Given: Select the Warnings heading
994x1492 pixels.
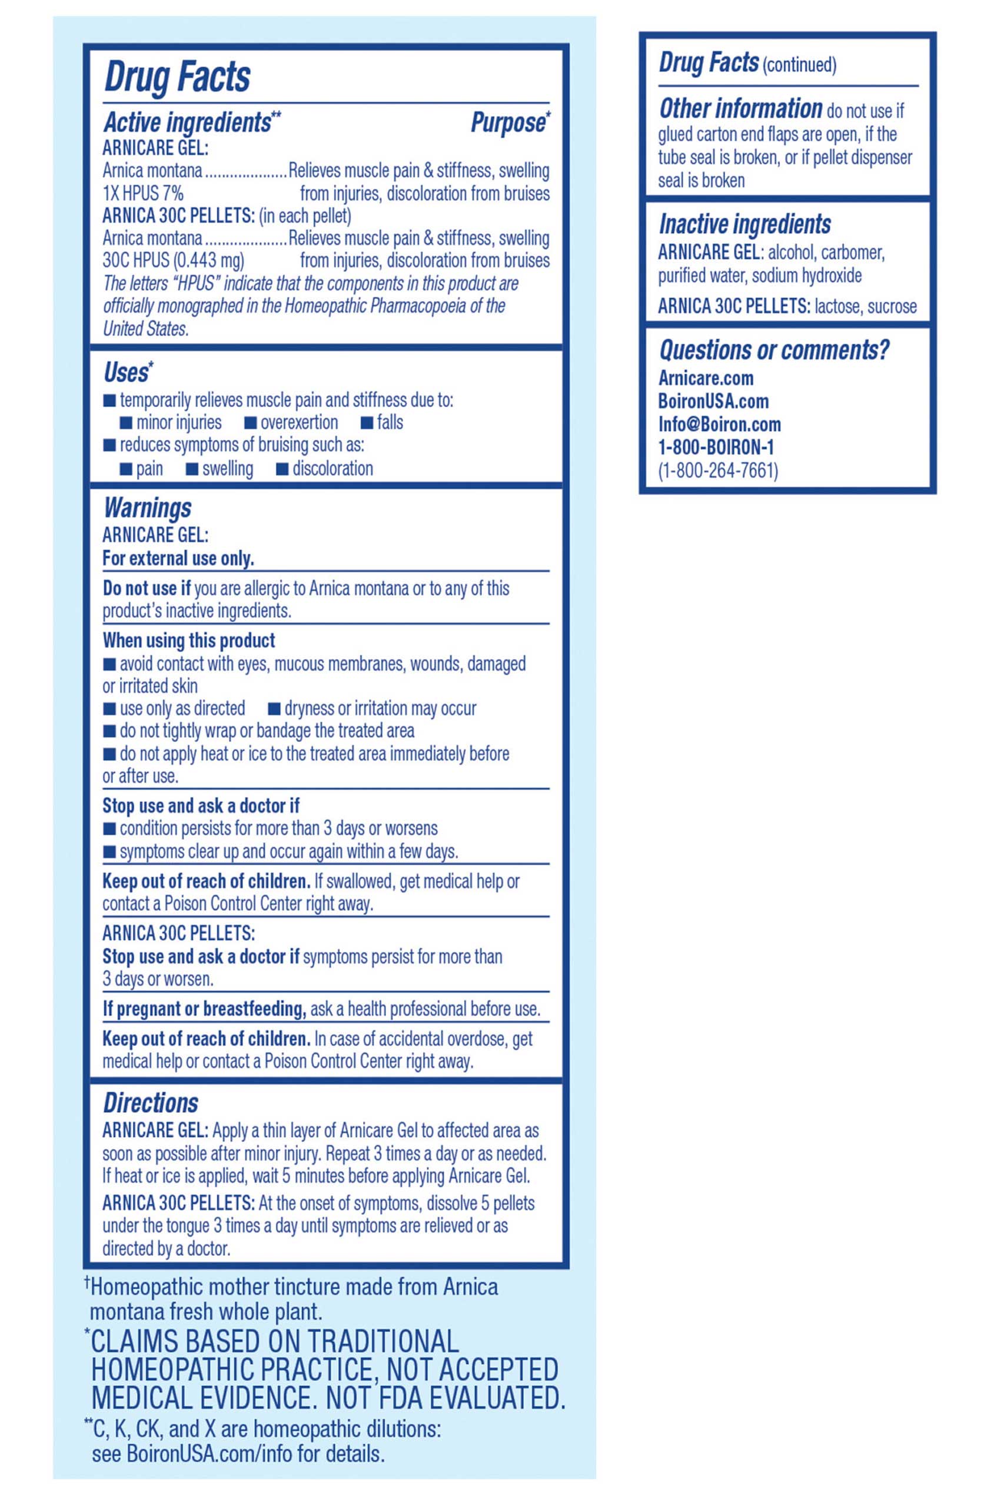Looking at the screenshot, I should point(147,508).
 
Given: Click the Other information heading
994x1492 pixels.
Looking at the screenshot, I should point(740,109).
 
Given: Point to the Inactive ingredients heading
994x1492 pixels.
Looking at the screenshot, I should point(744,224).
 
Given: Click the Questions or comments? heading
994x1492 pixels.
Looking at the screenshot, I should point(773,350).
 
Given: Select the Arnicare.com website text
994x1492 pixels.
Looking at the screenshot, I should point(706,379).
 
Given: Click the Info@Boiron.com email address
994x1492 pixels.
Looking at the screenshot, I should point(720,424).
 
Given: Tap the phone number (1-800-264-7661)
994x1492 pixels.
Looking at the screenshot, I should point(717,470).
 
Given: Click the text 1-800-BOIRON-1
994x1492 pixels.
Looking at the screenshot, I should point(716,447).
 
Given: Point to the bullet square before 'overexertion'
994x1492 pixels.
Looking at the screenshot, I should point(250,423).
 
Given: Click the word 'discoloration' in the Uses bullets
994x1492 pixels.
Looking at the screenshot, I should point(332,469).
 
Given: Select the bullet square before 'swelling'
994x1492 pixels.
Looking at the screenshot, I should point(191,469).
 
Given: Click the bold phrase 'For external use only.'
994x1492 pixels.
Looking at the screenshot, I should point(178,558).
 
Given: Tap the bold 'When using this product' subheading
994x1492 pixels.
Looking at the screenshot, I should point(189,641).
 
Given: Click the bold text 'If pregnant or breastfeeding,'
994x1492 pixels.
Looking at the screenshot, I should point(205,1009).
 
